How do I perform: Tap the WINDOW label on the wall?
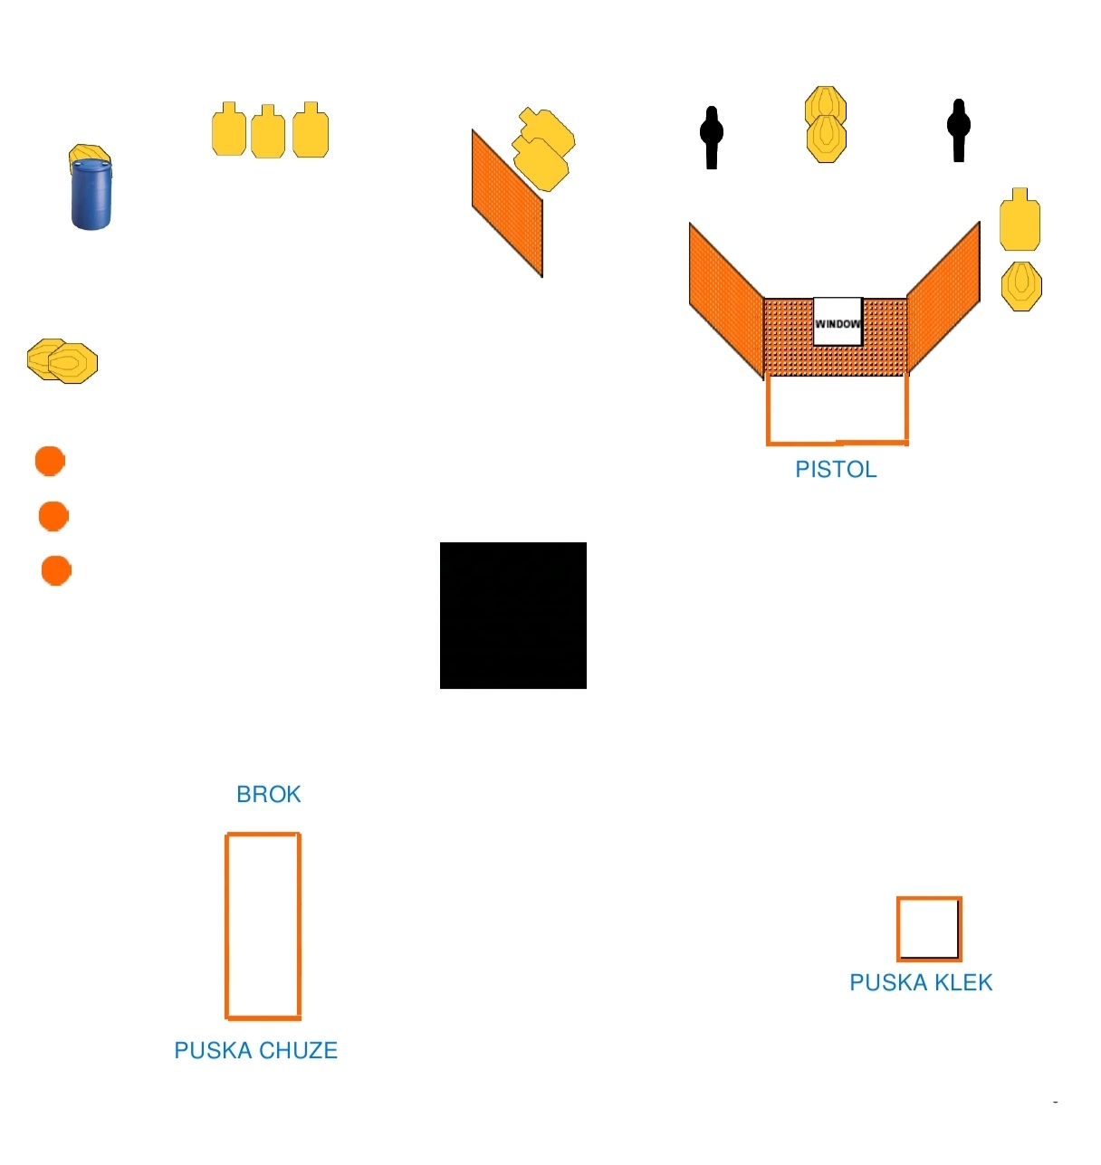tap(838, 324)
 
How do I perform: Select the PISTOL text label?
tap(836, 469)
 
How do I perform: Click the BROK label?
tap(268, 794)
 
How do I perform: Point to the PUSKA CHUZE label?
tap(256, 1050)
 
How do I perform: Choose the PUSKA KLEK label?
tap(921, 982)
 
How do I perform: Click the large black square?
tap(513, 616)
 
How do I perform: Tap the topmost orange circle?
tap(50, 461)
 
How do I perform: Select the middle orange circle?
tap(53, 516)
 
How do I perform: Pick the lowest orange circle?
tap(56, 570)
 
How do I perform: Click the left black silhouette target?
tap(712, 138)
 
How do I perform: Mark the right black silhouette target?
tap(958, 130)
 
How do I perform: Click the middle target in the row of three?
tap(268, 132)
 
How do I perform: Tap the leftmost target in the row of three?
tap(229, 129)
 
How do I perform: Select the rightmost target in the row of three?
tap(311, 129)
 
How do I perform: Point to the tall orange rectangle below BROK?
tap(226, 927)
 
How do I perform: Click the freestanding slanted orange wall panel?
tap(507, 203)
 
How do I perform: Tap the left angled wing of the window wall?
tap(726, 298)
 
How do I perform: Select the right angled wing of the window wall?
tap(943, 298)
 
